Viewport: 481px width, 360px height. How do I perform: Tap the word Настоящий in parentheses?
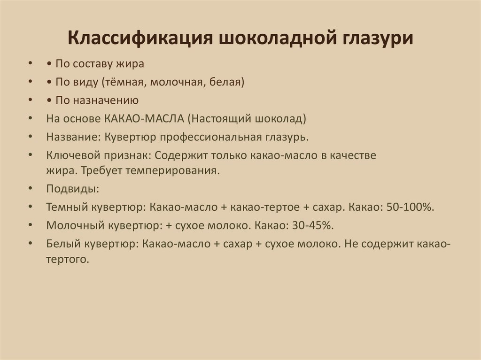tap(217, 119)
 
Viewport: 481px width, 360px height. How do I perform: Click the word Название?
tap(73, 137)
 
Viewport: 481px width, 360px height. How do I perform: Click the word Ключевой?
tap(69, 155)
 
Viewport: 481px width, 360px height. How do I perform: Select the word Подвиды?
tap(66, 189)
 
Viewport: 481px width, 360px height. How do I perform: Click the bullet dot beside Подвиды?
tap(31, 189)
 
